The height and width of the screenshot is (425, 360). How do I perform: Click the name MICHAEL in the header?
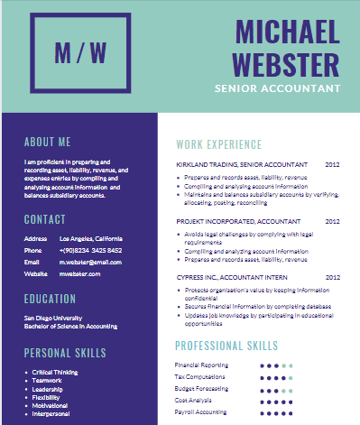coord(288,32)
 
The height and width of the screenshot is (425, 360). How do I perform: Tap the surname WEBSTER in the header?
coord(285,63)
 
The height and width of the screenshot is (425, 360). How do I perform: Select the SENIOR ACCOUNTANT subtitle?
coord(277,88)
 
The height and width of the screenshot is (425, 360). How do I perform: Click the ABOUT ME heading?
coord(47,142)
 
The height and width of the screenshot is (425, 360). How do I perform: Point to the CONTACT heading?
coord(44,219)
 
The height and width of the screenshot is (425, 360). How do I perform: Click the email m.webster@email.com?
coord(90,262)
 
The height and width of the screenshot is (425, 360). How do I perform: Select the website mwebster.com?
coord(80,273)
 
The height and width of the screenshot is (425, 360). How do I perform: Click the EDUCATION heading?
coord(50,299)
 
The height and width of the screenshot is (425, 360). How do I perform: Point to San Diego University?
coord(53,318)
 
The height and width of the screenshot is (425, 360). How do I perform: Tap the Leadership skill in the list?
coord(51,388)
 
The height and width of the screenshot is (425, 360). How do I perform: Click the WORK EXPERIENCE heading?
coord(218,144)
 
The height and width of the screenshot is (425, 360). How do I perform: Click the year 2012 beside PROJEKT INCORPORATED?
coord(332,220)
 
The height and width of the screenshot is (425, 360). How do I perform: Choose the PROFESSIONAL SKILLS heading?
coord(226,346)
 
